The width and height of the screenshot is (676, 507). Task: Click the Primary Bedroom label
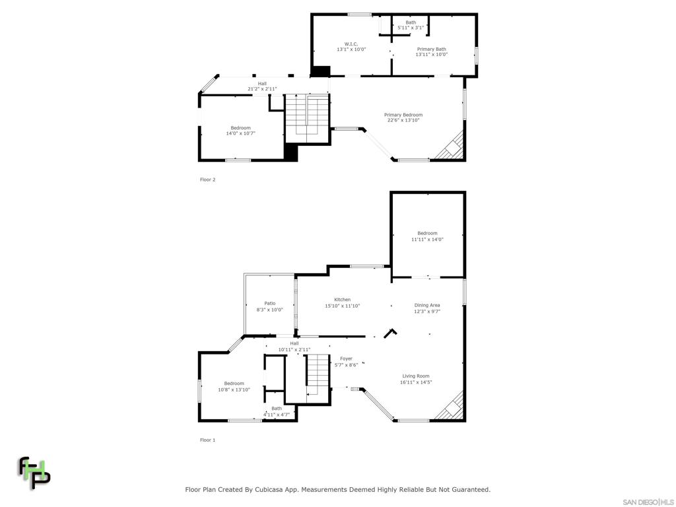point(403,115)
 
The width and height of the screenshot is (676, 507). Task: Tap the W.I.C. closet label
point(351,44)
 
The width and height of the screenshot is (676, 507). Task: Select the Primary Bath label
point(431,49)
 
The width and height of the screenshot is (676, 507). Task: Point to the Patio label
point(269,304)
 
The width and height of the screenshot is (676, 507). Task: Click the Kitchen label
point(342,300)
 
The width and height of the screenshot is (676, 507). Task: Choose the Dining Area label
point(427,305)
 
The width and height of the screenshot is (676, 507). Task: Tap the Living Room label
point(416,376)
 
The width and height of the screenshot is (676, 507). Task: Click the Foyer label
point(346,359)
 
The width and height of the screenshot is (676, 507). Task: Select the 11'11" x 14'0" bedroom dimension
point(427,240)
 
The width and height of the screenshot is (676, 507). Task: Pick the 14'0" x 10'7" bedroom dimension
point(240,133)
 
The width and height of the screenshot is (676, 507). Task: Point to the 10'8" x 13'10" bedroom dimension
point(234,389)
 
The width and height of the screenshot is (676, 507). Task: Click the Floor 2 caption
point(208,180)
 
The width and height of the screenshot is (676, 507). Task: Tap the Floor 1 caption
point(208,440)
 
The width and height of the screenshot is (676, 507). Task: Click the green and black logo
point(34,473)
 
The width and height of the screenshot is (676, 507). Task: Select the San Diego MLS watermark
point(648,502)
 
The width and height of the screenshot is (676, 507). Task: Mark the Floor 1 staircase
point(318,374)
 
